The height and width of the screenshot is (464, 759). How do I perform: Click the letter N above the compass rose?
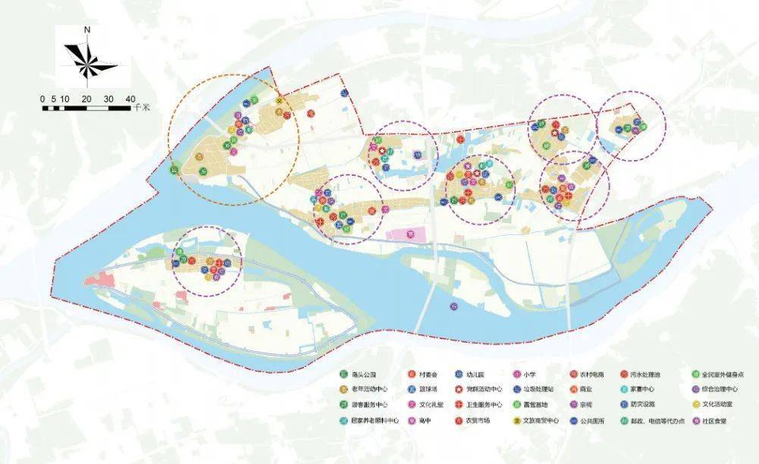89,31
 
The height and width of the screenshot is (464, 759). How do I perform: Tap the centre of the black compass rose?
88,61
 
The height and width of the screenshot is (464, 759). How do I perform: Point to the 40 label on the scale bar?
130,99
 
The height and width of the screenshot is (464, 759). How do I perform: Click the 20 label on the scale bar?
87,99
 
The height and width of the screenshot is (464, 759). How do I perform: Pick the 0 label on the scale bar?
43,99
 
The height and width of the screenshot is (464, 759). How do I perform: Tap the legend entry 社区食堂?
715,419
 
